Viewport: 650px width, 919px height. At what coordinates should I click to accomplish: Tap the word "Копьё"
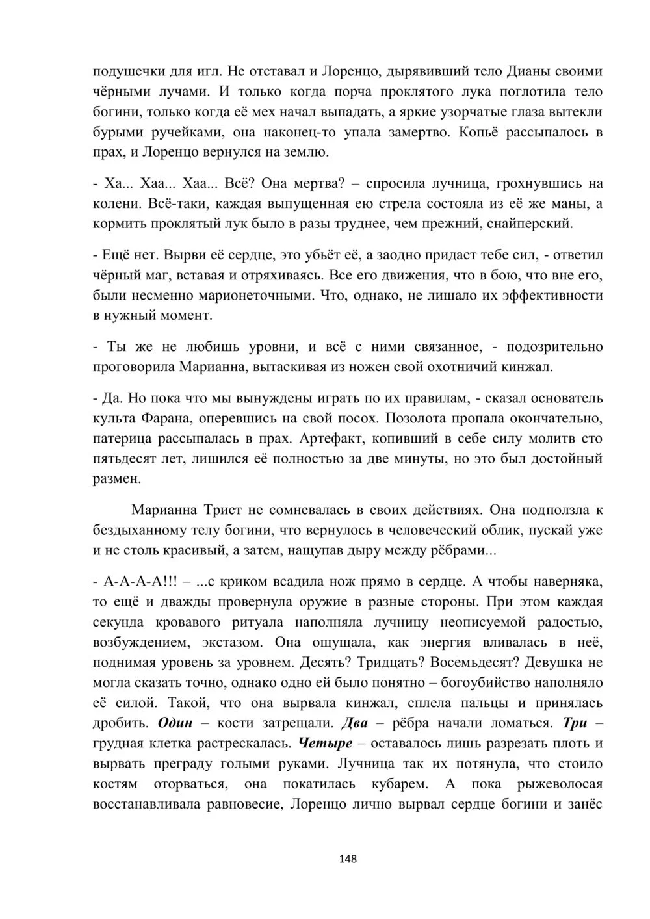pos(481,133)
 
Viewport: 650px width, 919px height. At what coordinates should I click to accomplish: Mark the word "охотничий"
pos(463,367)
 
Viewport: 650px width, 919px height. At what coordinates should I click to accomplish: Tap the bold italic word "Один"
pos(175,723)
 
